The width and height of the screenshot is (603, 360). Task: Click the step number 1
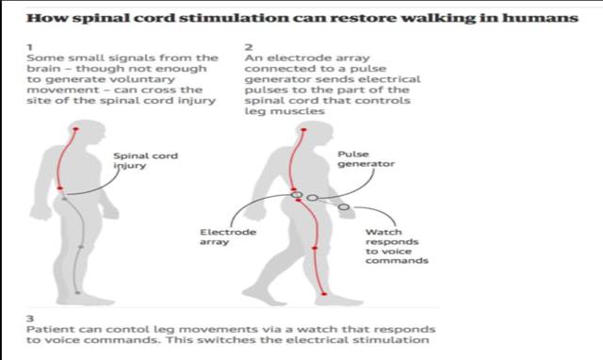[x=30, y=45]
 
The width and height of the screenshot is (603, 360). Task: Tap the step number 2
[x=248, y=45]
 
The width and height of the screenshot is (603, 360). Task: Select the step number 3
[x=30, y=318]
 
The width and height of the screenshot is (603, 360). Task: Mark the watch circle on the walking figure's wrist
[x=344, y=206]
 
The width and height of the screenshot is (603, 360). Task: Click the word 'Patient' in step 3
[x=49, y=330]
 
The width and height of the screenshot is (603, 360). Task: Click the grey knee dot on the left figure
[x=82, y=247]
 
